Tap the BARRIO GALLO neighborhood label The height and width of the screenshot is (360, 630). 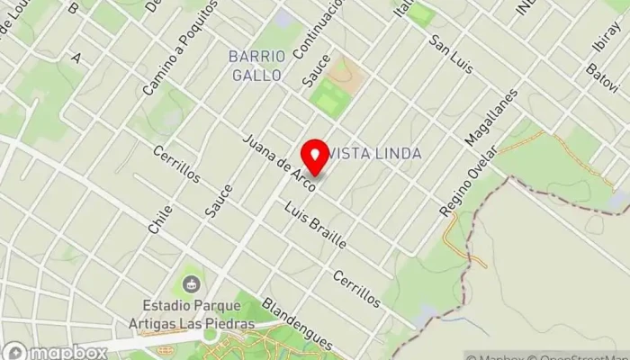[x=256, y=66]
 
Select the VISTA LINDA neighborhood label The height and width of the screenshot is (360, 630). [x=376, y=154]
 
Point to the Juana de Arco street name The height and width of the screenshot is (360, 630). [x=280, y=163]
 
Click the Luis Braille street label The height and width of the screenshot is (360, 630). [x=315, y=227]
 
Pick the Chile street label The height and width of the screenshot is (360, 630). [x=161, y=218]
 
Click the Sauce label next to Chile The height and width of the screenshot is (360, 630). [x=218, y=200]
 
